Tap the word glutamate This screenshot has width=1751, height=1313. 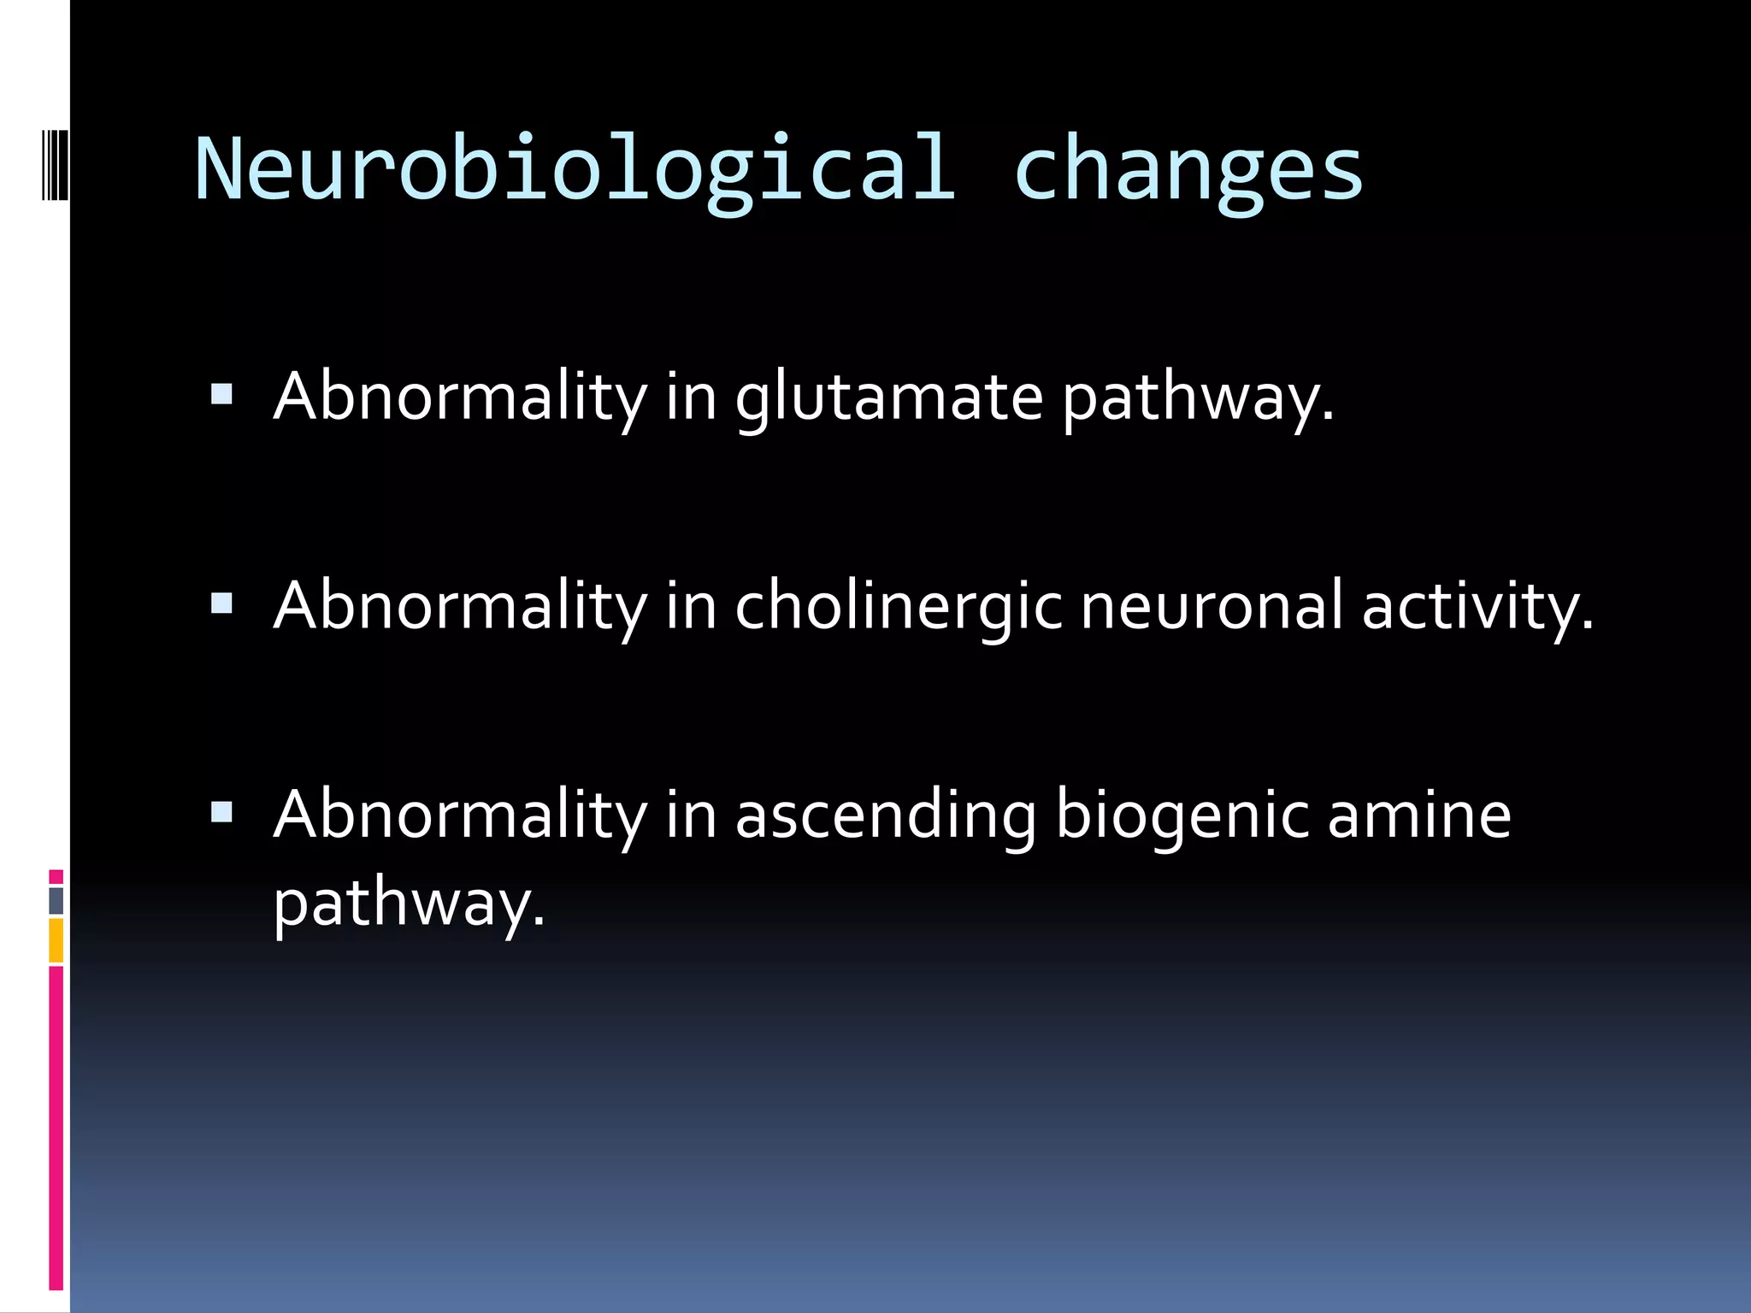(x=889, y=397)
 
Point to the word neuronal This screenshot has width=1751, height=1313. (x=1212, y=605)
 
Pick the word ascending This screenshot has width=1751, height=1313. (x=885, y=815)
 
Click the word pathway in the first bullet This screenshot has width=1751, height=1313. (x=1196, y=399)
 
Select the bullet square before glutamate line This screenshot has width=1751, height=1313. (x=221, y=394)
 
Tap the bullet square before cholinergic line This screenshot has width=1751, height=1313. (x=221, y=604)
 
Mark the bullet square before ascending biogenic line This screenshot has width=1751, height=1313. (x=221, y=812)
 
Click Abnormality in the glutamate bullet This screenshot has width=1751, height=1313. (x=460, y=397)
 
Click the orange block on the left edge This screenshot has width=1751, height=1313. (x=56, y=940)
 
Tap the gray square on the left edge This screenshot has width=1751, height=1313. (x=56, y=900)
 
